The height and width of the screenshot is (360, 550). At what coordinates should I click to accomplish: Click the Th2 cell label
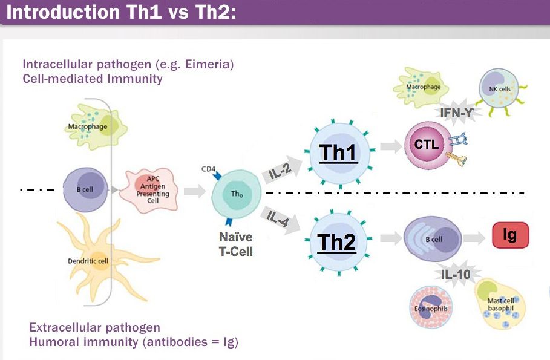tap(336, 242)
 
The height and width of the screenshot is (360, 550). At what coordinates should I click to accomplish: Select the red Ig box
tap(509, 235)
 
